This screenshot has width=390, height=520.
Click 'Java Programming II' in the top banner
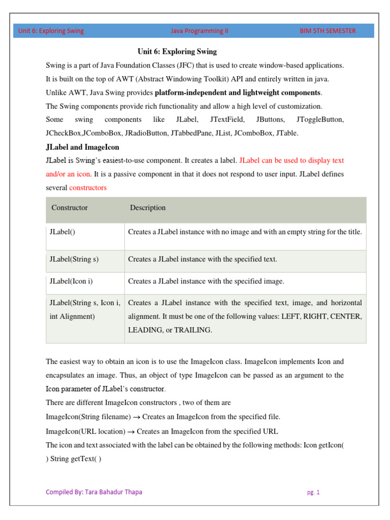click(200, 30)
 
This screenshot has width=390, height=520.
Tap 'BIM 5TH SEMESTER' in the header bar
click(328, 30)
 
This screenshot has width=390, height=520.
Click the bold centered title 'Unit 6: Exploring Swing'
click(177, 52)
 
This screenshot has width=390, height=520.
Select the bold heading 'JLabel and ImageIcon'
click(82, 147)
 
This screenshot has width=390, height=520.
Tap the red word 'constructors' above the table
click(88, 188)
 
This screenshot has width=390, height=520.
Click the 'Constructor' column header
click(70, 208)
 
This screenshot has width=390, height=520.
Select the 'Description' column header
click(148, 208)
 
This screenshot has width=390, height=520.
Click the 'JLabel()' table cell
click(62, 232)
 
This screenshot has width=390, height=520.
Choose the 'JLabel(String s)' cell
click(74, 259)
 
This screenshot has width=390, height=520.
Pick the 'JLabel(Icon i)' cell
click(71, 281)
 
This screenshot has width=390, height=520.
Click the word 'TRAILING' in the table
click(193, 330)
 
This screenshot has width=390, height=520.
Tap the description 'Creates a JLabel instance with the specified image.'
click(206, 281)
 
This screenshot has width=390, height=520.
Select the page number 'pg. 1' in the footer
click(313, 492)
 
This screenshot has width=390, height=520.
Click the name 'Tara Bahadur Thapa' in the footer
click(113, 492)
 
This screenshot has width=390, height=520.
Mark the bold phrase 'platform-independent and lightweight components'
click(238, 93)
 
